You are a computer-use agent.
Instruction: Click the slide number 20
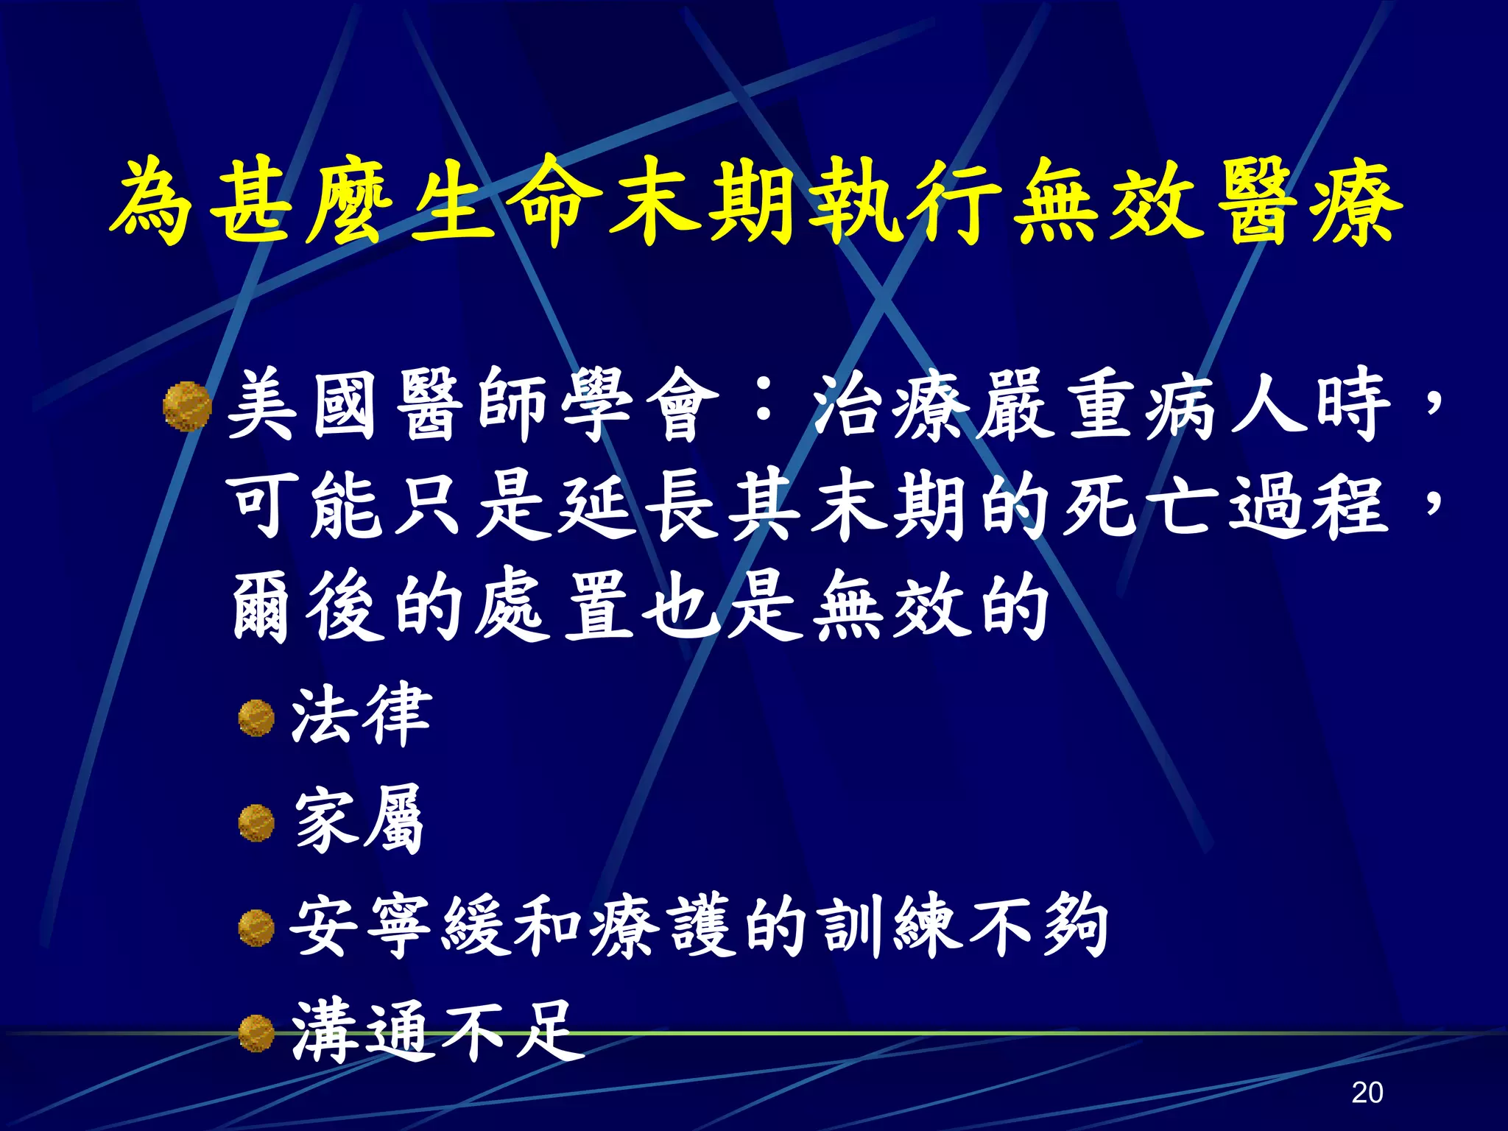1367,1091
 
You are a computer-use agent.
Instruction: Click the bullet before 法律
256,718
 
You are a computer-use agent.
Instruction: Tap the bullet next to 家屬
256,823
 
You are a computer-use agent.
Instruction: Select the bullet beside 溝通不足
256,1033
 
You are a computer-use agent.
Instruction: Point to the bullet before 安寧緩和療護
256,928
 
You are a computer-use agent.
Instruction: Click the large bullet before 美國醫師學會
187,405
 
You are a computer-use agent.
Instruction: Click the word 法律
361,714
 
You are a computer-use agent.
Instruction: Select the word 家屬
359,820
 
